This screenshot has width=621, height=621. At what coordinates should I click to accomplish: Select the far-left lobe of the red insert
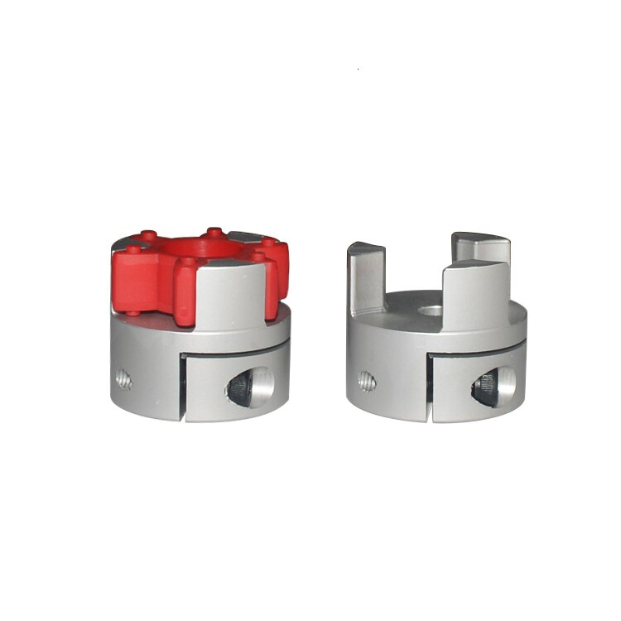(132, 273)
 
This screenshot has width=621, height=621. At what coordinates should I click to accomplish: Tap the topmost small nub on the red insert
(214, 232)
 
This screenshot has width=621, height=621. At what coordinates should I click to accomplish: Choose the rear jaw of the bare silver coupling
(480, 248)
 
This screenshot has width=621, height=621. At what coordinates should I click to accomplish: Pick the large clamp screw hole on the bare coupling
(492, 384)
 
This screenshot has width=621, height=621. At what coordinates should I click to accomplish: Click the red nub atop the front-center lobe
(190, 262)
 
